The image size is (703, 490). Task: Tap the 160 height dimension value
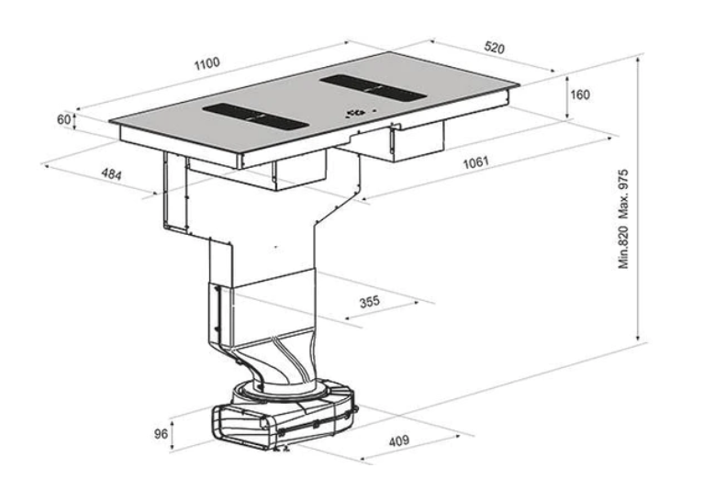coord(579,95)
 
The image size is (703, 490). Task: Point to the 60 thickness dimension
coord(63,120)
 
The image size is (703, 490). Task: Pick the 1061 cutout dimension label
coord(474,162)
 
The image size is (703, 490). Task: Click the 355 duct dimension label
coord(371,300)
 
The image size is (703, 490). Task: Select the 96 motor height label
coord(161,434)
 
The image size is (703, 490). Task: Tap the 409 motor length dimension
coord(398,441)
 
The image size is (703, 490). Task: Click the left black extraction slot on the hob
coord(253,117)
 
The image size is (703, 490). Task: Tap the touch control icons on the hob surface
coord(354,114)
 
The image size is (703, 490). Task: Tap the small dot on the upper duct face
coord(274,247)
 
